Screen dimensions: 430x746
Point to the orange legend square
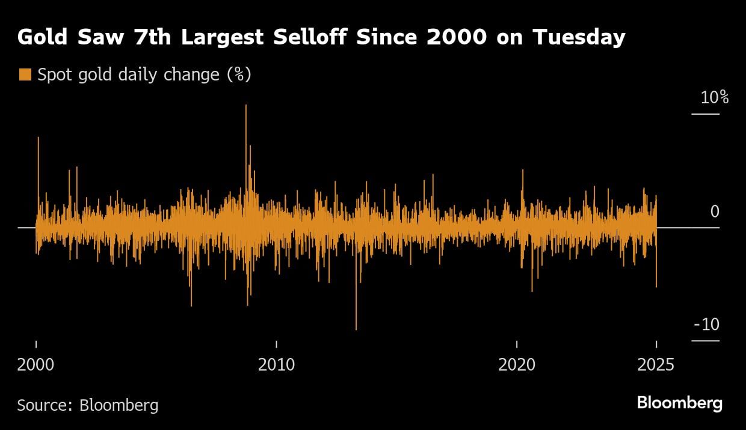click(x=25, y=75)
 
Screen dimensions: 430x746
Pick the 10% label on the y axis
click(x=714, y=98)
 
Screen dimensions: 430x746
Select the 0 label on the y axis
click(x=715, y=212)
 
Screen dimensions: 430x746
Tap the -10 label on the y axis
click(x=706, y=325)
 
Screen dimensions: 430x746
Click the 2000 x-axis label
click(x=36, y=365)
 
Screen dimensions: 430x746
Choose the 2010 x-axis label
click(x=276, y=365)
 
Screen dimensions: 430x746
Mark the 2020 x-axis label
click(x=517, y=365)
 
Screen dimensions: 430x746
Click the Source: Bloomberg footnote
click(x=88, y=405)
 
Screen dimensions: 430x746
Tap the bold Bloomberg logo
click(x=679, y=402)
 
